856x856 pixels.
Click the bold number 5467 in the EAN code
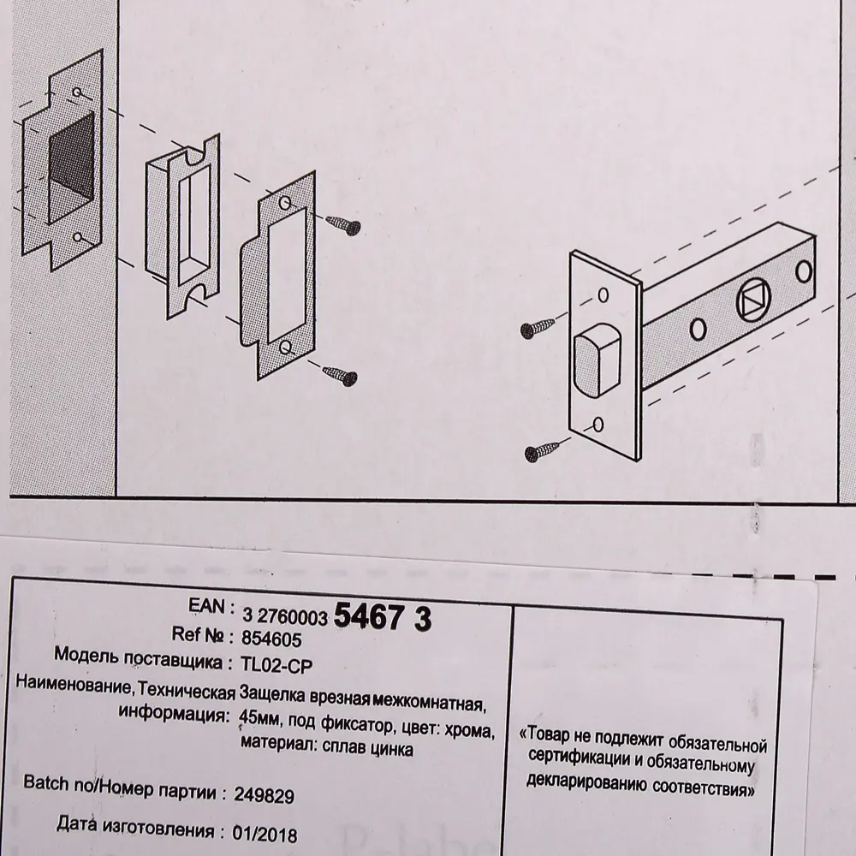pos(366,616)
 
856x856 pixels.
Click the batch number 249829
pos(264,795)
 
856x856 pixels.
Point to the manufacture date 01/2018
pos(265,832)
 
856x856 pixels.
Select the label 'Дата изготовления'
pos(134,829)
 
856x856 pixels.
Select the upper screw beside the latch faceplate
pos(541,328)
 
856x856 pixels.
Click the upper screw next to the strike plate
pos(343,224)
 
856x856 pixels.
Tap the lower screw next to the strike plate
pos(341,373)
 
